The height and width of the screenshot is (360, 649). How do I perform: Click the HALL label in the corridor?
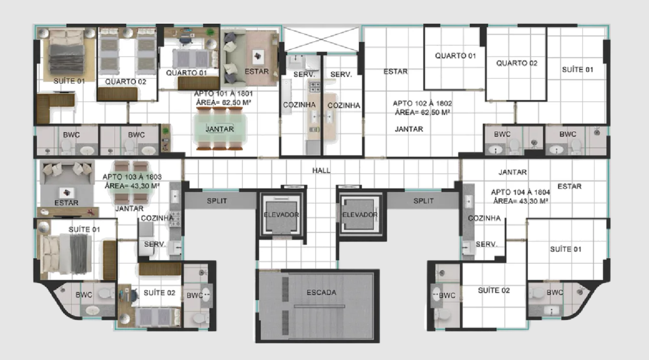point(321,171)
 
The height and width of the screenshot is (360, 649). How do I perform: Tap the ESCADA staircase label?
point(321,292)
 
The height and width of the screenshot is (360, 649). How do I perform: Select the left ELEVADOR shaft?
point(281,215)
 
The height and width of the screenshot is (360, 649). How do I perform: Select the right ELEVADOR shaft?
point(360,215)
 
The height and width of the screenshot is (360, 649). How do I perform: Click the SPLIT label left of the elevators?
point(217,201)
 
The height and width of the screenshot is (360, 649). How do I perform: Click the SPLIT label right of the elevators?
point(423,201)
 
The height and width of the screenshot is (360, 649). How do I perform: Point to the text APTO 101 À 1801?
point(223,94)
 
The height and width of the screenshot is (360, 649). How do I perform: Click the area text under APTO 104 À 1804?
point(520,201)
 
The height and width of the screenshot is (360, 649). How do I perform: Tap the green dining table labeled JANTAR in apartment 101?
point(220,129)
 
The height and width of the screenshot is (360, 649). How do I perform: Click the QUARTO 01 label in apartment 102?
point(455,56)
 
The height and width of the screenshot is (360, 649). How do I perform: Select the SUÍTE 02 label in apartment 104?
point(494,291)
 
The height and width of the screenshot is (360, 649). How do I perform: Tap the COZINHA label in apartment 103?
point(157,218)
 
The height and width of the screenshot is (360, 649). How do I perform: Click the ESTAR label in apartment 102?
point(395,72)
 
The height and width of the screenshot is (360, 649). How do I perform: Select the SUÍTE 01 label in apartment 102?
point(577,70)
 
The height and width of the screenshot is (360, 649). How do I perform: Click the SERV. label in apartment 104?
point(486,244)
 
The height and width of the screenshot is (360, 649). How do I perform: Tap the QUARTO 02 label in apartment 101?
point(126,82)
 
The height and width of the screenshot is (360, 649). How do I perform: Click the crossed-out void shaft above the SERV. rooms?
point(321,39)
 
